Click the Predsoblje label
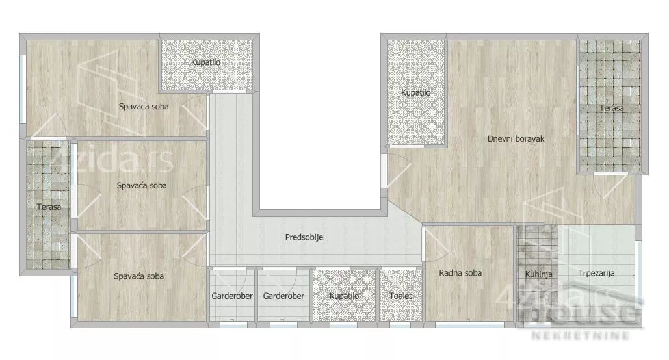point(304,237)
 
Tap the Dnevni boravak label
point(516,138)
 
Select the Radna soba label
point(460,272)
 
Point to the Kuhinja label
point(538,274)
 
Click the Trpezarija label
point(596,273)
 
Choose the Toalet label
point(400,296)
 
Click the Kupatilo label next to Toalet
point(345,296)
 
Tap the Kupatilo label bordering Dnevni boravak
point(415,92)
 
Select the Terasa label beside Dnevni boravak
point(611,108)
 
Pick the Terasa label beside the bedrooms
point(49,207)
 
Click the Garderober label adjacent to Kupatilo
point(283,296)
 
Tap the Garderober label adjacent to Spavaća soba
point(232,296)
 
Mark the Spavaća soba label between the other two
point(142,186)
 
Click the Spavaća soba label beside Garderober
point(138,276)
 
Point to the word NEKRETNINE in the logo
point(580,335)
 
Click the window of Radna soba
point(469,325)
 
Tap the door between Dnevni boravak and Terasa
point(609,183)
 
